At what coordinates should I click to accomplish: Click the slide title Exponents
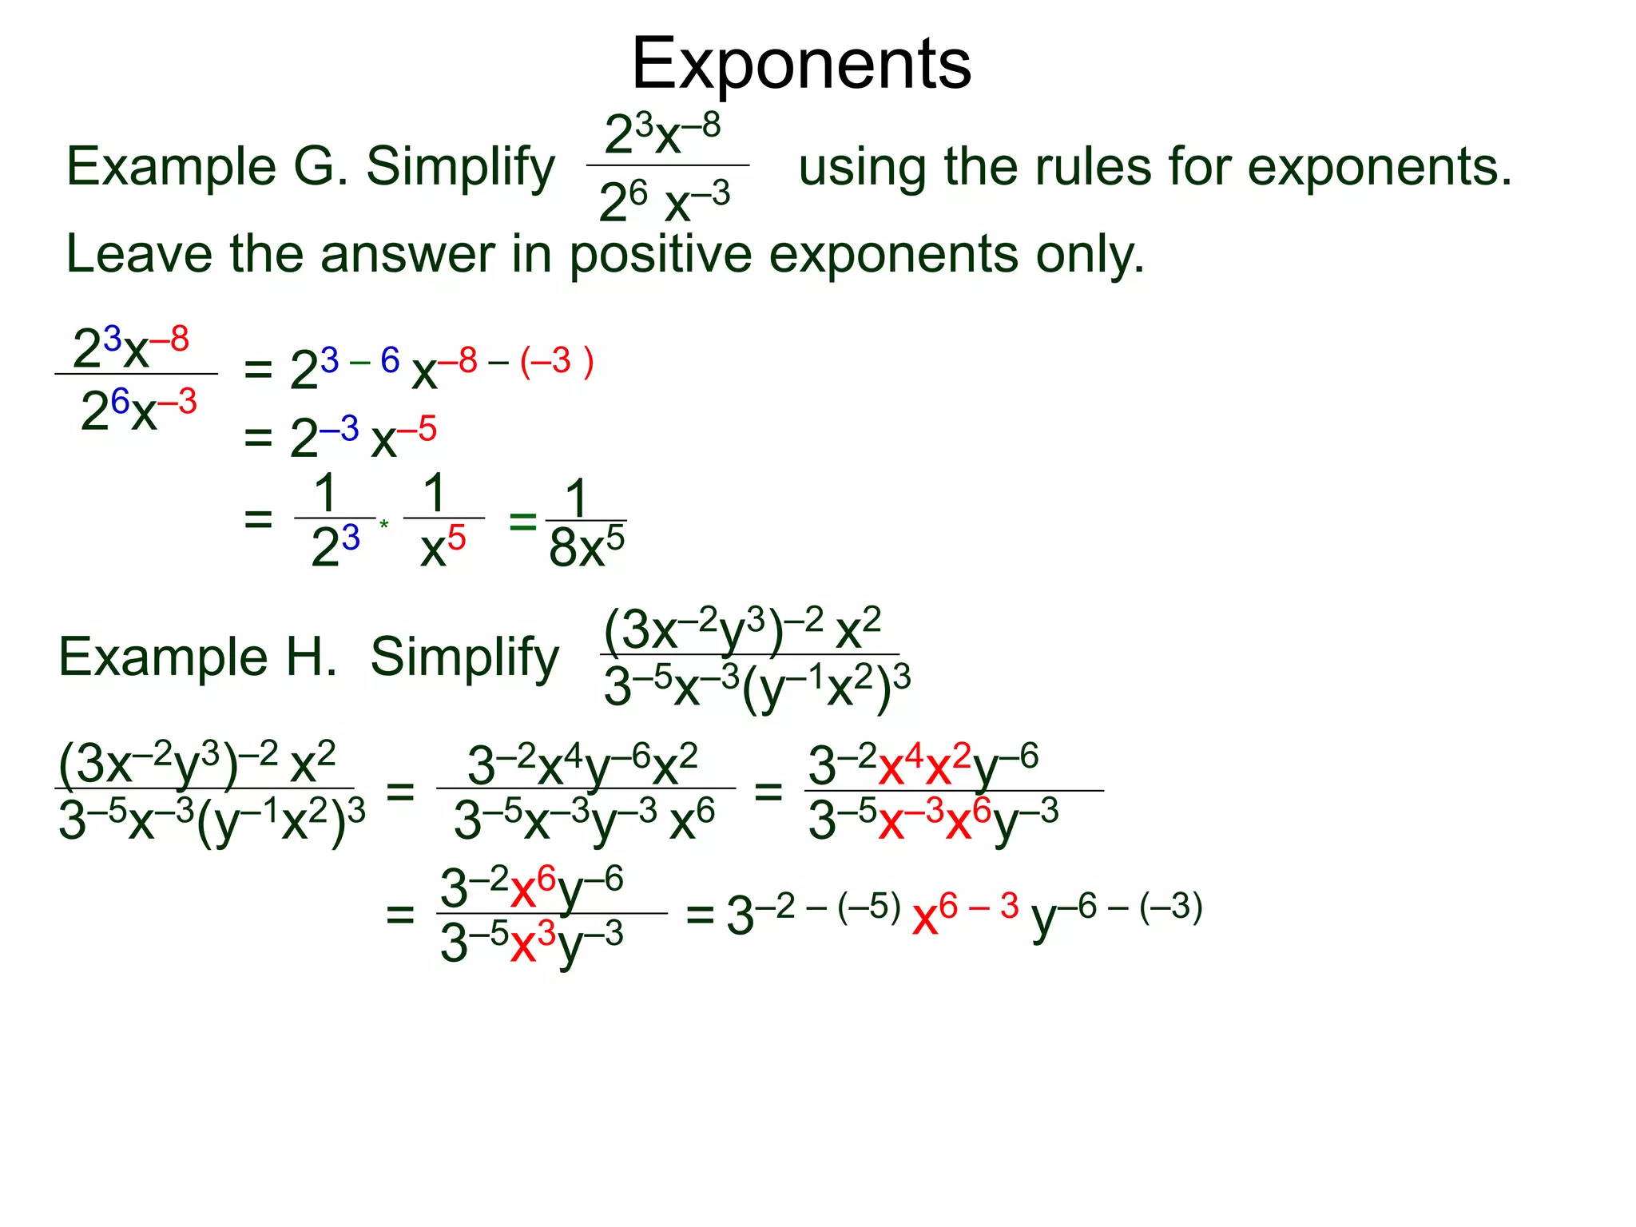click(801, 64)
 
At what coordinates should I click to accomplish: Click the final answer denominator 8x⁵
click(586, 549)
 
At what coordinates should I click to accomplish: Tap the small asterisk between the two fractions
click(384, 524)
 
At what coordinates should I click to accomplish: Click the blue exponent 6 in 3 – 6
click(390, 360)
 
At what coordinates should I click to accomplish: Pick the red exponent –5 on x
click(418, 430)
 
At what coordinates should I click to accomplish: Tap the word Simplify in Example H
click(465, 657)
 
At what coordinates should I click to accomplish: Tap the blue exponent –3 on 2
click(340, 430)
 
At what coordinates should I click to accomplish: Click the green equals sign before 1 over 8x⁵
click(522, 522)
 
